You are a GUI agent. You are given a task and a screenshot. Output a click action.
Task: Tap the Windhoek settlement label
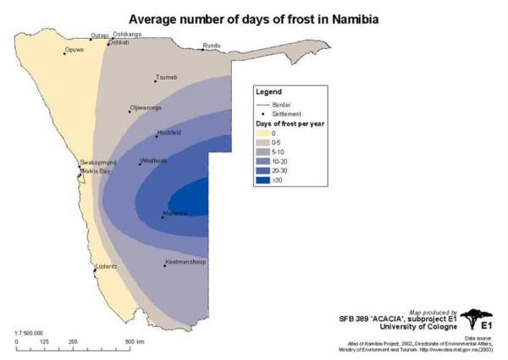point(154,160)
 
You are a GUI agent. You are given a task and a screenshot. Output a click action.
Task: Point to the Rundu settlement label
point(212,46)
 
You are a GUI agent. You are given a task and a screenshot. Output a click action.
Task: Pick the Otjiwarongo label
point(145,108)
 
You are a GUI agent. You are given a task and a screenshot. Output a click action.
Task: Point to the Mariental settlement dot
point(163,218)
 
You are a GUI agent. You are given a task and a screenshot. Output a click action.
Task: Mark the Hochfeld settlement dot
point(157,136)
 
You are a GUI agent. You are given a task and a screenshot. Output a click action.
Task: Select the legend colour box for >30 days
point(263,180)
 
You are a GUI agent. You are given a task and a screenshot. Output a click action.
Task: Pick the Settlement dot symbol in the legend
point(262,113)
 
